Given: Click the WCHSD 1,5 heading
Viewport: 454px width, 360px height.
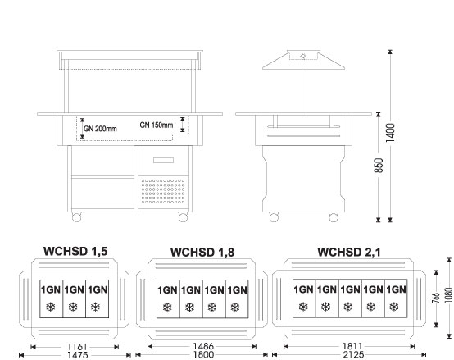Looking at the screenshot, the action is coord(75,251).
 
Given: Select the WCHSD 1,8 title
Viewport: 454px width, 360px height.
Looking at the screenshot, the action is coord(202,253).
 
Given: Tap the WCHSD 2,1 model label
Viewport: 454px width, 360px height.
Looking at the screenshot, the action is coord(349,252).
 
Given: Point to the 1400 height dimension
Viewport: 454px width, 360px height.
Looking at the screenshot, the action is coord(390,133).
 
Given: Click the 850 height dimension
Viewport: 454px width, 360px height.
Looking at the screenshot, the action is coord(379,166).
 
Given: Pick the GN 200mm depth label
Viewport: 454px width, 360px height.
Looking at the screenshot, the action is coord(100,129).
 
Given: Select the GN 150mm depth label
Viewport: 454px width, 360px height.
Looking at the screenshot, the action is coord(157,125).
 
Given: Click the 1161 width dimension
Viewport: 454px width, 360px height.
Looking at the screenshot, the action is coord(77,347).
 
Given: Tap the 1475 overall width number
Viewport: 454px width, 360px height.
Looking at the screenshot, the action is coord(77,355).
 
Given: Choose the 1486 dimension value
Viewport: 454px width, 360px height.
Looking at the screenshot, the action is coord(203,346).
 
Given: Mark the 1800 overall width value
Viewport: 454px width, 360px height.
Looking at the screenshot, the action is coord(203,354).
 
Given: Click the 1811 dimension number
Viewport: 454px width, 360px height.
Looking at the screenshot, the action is coord(352,346).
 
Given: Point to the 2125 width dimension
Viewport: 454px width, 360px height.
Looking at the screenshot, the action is coord(353,354).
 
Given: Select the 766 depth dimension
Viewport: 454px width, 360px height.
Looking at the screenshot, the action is coord(436,298).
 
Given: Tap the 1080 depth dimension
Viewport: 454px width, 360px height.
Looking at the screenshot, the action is coord(449,295).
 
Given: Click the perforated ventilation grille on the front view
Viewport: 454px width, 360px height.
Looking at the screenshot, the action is coord(163,191).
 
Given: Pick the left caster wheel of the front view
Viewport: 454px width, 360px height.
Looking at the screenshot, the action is coord(76,217).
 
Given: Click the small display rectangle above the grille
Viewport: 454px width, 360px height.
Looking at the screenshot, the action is coord(163,160).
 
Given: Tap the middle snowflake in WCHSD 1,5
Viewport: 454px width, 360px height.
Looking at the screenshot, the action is coord(73,307).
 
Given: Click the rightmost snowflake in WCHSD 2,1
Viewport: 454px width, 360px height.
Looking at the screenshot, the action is coord(394,307).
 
